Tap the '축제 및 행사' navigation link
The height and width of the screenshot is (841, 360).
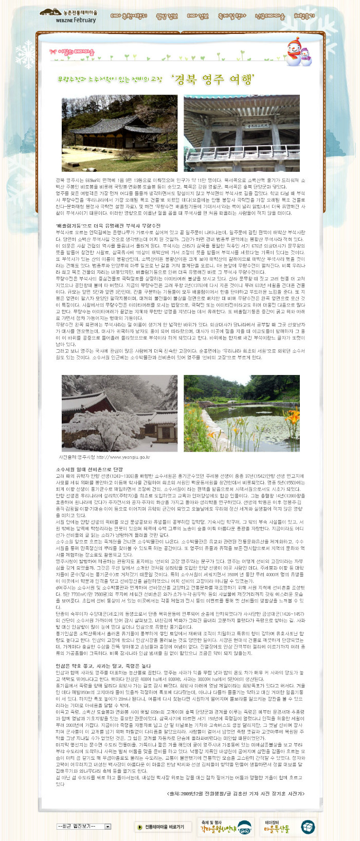(231, 16)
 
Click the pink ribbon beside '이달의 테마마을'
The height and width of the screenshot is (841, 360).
(53, 52)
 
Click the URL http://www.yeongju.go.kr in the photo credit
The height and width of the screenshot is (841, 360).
(123, 457)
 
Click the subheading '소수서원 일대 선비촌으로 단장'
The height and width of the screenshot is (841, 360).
(89, 470)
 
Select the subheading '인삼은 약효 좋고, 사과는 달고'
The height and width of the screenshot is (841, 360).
(103, 666)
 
